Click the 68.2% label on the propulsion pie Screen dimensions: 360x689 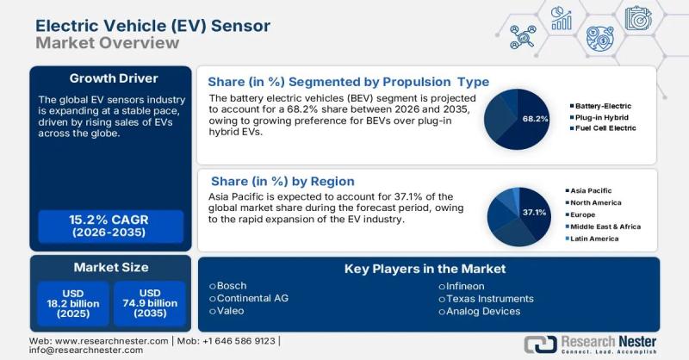(x=535, y=118)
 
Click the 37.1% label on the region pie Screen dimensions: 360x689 (x=534, y=211)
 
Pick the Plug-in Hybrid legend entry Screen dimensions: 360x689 (x=599, y=115)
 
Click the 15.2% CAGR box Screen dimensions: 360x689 (x=110, y=226)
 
